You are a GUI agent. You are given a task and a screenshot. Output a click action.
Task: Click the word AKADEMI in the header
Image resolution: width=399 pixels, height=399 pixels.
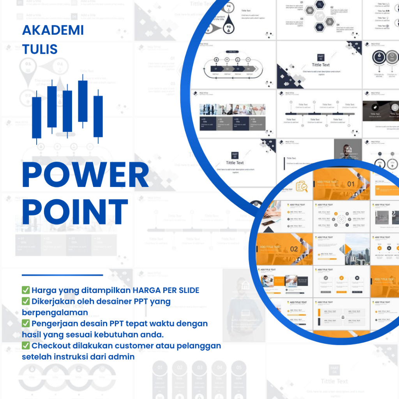[53, 30]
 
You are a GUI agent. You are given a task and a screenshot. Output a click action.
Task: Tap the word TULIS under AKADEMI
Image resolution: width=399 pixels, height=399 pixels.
[40, 49]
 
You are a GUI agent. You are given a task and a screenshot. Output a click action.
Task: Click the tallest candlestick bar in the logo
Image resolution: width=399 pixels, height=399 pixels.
[83, 101]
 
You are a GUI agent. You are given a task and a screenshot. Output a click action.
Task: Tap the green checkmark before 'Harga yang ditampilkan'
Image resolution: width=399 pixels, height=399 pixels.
[26, 290]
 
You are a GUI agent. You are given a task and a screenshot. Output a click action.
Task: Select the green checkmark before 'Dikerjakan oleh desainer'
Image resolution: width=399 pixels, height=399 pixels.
[26, 301]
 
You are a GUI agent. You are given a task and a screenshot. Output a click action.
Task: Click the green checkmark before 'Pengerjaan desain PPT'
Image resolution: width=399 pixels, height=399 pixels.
[26, 323]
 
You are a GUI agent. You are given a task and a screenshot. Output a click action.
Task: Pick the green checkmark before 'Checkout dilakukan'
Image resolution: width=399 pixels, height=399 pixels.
[26, 346]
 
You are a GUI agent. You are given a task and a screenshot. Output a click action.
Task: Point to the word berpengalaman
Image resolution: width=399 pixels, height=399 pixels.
[55, 312]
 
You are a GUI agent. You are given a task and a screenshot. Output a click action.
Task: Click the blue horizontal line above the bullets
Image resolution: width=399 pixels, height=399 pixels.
[62, 275]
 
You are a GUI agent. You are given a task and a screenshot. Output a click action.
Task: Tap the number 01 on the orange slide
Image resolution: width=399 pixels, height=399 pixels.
[351, 184]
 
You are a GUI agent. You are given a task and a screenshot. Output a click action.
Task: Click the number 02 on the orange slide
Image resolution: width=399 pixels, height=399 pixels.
[294, 249]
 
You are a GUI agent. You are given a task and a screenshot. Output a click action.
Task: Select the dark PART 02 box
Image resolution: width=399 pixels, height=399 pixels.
[320, 58]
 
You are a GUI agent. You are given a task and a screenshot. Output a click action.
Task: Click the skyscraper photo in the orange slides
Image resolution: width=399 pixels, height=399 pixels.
[353, 249]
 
